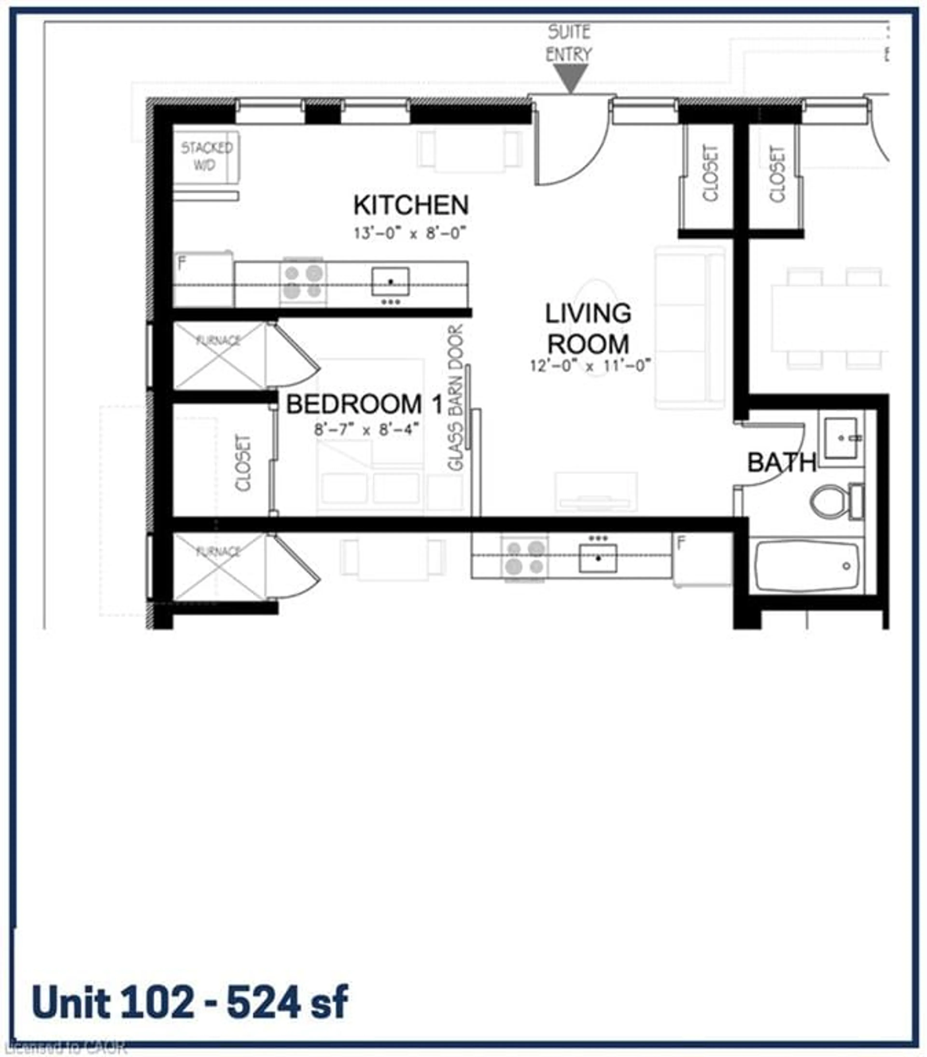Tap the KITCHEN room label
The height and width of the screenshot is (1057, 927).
tap(411, 205)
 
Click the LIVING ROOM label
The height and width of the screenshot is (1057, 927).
tap(588, 328)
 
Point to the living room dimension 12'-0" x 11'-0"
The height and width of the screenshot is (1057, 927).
tap(589, 366)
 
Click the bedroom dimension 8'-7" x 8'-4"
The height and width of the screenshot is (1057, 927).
tap(365, 429)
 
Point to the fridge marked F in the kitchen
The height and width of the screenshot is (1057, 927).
tap(203, 279)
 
